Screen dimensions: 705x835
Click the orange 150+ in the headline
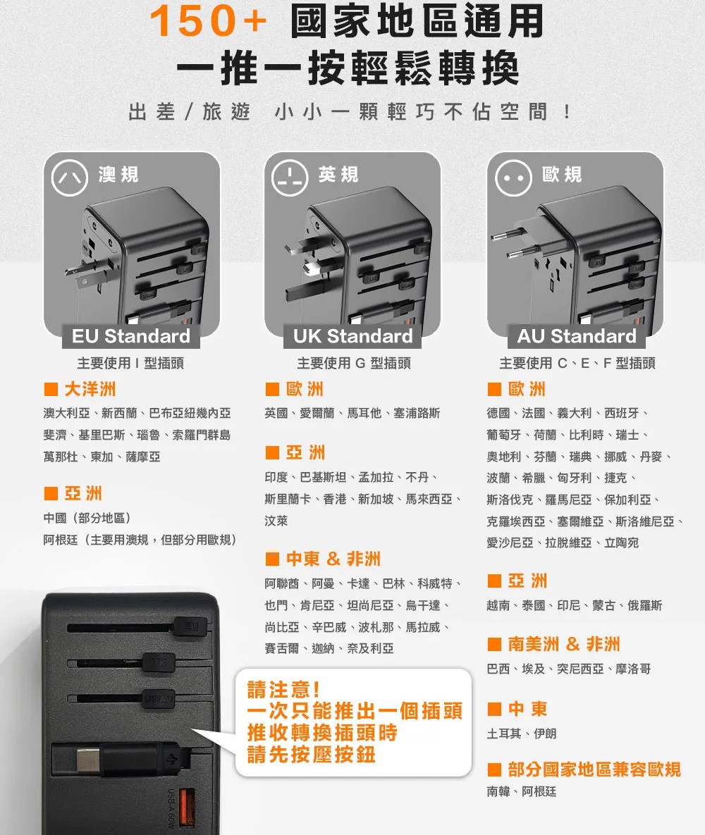(209, 21)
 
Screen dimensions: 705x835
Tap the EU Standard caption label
(131, 336)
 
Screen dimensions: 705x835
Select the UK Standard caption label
(352, 336)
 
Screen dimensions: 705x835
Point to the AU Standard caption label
(577, 336)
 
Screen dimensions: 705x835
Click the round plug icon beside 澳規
(70, 178)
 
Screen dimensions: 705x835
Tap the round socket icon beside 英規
(290, 178)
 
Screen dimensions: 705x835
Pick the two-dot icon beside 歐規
(513, 178)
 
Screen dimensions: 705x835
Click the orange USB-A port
(187, 808)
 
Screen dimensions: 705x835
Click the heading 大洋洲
(90, 389)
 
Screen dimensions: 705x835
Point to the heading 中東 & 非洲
(333, 559)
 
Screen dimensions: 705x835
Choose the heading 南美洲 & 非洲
(564, 644)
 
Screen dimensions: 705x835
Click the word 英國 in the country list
(276, 413)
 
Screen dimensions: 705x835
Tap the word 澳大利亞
(66, 413)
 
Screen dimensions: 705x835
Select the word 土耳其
(503, 734)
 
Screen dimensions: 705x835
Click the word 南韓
(498, 792)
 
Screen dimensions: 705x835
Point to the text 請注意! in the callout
(283, 690)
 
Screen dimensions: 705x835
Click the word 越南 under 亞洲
(498, 606)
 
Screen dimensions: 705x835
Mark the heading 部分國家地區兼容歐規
(594, 769)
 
